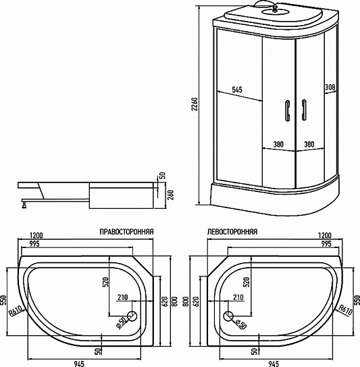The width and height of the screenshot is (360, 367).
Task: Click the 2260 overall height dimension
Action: click(195, 105)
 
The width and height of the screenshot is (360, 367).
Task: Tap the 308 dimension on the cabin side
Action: click(330, 87)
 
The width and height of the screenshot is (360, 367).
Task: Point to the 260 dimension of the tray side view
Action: click(170, 195)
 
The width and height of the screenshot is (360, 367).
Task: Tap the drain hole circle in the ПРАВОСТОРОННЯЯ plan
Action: click(131, 316)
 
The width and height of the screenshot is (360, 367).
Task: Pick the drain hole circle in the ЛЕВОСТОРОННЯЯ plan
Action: click(230, 316)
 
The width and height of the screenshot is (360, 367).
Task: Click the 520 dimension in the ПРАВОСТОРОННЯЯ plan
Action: click(106, 282)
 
